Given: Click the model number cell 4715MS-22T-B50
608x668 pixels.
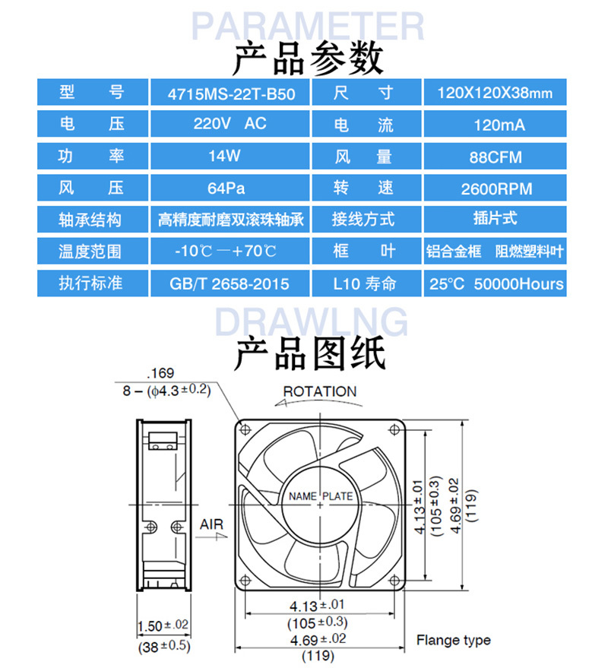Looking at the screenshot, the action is tap(230, 92).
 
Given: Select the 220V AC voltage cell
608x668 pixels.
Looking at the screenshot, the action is tap(230, 124).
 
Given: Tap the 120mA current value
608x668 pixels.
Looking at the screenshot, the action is tap(495, 124).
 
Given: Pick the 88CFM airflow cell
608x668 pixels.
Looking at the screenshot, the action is tap(495, 156).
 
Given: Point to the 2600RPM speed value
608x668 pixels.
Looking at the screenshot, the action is tap(495, 188).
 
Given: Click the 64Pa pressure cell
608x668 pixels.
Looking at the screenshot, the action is tap(230, 188).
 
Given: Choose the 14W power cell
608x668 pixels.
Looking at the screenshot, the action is tap(230, 156).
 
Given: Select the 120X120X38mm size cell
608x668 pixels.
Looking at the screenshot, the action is tap(495, 92).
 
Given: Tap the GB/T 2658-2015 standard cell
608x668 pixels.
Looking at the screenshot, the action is tap(230, 283).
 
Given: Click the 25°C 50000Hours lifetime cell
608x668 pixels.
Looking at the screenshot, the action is tap(495, 283).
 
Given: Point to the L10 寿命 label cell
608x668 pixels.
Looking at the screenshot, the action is tap(366, 283).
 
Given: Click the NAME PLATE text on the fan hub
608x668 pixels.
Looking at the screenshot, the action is tap(321, 496).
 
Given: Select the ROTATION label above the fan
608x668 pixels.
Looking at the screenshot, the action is tap(320, 391).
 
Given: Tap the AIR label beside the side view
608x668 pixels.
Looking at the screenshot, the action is tap(211, 524).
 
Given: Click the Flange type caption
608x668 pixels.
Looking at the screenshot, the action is tap(453, 640).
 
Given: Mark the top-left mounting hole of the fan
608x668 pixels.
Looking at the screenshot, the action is tap(245, 429).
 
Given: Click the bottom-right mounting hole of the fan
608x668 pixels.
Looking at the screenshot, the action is tap(394, 581).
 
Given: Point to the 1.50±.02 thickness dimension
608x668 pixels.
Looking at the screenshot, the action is tap(163, 626).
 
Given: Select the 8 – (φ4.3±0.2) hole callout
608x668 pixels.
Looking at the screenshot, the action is tap(166, 390).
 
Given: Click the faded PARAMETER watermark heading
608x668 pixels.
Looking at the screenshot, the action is tap(308, 27).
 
